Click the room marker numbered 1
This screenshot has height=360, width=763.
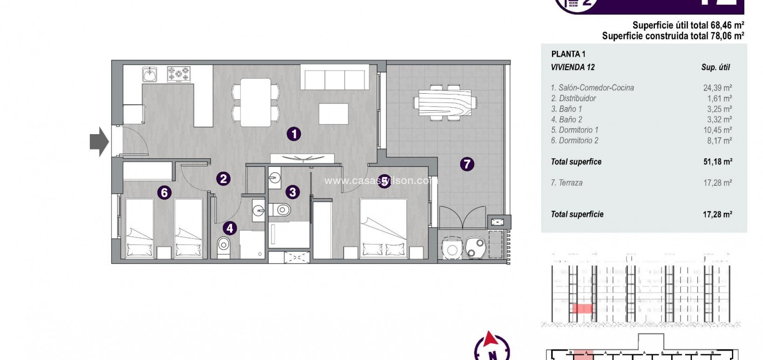point(293,134)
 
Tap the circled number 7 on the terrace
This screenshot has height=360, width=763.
point(467,164)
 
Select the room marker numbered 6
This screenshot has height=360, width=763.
point(164,192)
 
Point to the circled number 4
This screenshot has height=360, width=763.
point(230,228)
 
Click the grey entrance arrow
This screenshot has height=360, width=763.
point(99,142)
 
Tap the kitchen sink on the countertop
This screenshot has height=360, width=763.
point(150,74)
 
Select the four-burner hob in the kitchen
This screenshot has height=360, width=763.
point(179,74)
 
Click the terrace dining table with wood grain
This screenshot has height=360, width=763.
point(445,103)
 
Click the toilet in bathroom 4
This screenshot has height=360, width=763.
point(224,245)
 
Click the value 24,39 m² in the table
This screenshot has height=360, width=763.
point(717,88)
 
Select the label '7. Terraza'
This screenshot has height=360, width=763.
point(566,183)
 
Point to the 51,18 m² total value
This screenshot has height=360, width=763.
point(717,162)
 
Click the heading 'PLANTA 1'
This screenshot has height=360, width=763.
point(568,54)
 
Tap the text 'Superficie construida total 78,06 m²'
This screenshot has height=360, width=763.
point(673,36)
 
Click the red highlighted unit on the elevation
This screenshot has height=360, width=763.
point(582,308)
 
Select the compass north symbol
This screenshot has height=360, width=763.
point(491,347)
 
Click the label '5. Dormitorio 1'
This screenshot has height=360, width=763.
point(574,130)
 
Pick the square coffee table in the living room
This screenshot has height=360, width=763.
point(334,114)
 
